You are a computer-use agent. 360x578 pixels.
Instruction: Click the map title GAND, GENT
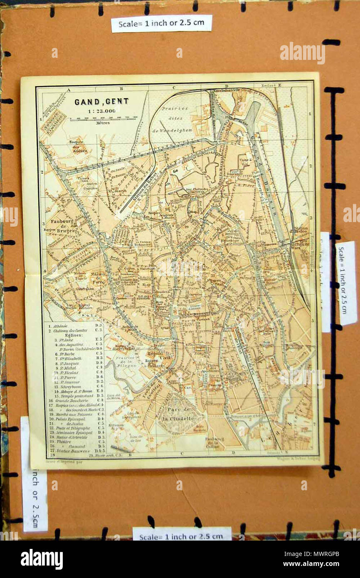tap(101, 101)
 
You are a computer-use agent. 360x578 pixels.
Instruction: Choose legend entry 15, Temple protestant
tap(75, 395)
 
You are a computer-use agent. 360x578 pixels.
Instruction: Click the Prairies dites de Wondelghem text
tap(172, 120)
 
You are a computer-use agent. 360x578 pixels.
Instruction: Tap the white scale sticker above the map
tap(161, 23)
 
